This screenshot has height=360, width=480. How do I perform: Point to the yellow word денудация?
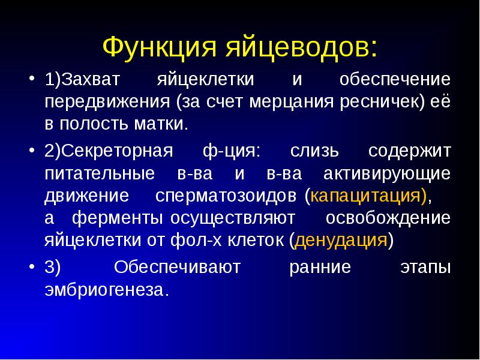[x=341, y=241]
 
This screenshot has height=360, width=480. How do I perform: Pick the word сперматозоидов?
[x=228, y=196]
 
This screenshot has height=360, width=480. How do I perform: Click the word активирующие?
[x=387, y=173]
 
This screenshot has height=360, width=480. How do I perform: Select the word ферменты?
[x=119, y=218]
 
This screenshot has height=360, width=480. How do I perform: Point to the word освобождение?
[x=388, y=218]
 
